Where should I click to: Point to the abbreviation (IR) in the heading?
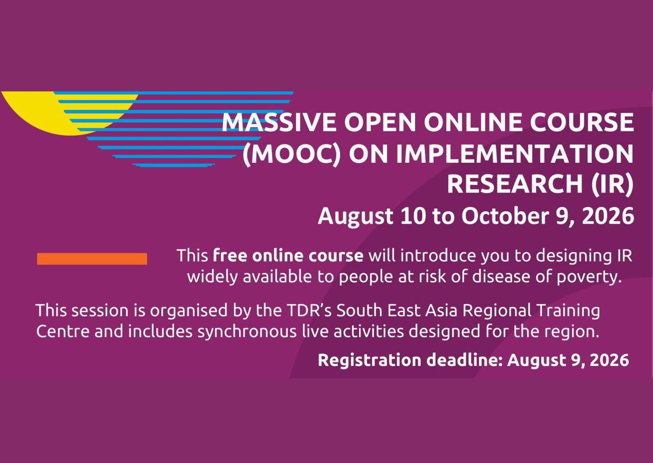click(612, 185)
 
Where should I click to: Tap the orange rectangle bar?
click(92, 259)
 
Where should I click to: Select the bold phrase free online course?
click(288, 256)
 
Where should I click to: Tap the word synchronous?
click(247, 332)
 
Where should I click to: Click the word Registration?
click(369, 361)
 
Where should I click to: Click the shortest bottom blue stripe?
click(174, 166)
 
